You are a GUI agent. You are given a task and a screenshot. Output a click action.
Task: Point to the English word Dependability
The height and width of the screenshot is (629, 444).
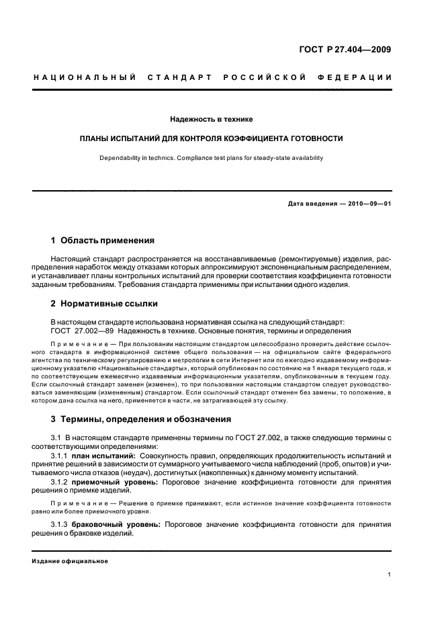coord(119,158)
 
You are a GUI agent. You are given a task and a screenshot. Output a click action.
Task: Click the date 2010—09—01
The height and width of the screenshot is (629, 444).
coord(369,204)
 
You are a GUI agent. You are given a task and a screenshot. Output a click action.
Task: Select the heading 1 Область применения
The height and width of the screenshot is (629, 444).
coord(103,240)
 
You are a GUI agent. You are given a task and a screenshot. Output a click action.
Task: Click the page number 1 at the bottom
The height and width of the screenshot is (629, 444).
coord(390,575)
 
